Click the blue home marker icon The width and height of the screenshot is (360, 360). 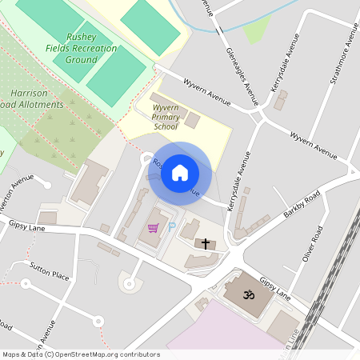tap(180, 172)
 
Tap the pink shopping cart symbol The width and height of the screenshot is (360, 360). tap(153, 228)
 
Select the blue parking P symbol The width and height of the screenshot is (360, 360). tap(173, 228)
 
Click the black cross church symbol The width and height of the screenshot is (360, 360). tap(205, 243)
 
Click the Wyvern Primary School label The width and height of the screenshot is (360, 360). tap(166, 117)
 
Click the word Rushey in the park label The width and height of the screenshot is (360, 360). tap(82, 37)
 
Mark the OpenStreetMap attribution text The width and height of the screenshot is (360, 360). tap(80, 354)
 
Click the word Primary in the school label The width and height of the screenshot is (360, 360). tap(166, 117)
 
